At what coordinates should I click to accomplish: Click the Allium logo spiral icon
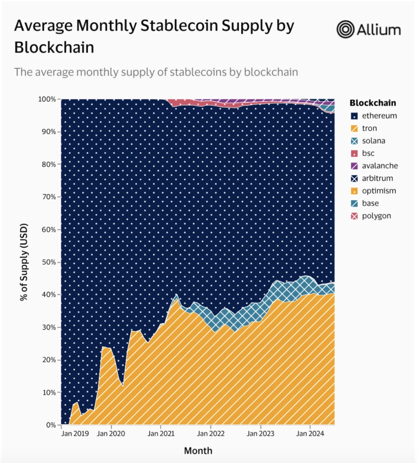345,29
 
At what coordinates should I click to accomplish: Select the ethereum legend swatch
354,116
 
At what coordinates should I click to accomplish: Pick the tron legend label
369,128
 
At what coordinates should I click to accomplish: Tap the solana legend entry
373,141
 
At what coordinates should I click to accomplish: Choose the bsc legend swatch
354,154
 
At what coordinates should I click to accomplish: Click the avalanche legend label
380,166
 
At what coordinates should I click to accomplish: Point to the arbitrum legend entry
377,178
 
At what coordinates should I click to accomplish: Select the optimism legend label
379,191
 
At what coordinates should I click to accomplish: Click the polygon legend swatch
354,216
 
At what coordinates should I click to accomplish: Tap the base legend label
370,203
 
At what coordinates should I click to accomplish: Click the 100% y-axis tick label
47,99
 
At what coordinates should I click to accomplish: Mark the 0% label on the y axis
51,425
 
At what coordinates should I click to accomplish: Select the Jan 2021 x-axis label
161,434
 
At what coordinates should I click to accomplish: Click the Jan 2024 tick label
310,434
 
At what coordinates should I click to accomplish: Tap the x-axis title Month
198,451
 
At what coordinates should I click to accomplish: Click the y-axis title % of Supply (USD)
24,262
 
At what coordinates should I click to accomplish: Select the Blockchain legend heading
372,103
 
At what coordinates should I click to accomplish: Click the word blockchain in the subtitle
271,72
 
